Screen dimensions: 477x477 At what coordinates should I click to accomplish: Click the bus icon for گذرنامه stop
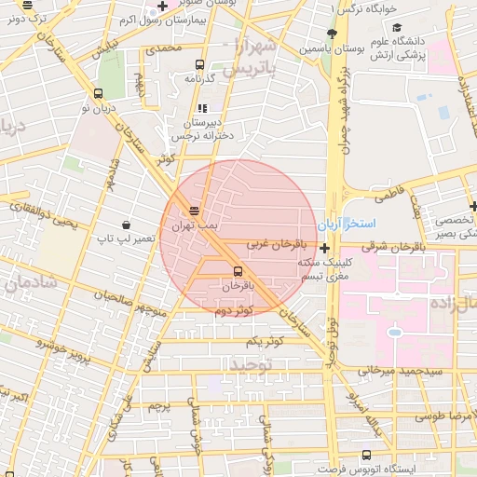click(x=199, y=64)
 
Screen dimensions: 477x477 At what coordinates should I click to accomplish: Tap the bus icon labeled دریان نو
click(x=99, y=93)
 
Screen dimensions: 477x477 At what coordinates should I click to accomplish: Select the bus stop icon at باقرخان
click(x=238, y=271)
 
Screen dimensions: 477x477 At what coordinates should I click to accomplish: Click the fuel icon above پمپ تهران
click(x=194, y=211)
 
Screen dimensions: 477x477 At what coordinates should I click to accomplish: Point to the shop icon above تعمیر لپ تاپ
click(x=126, y=225)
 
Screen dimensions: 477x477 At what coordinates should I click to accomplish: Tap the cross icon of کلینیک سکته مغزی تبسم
click(x=324, y=248)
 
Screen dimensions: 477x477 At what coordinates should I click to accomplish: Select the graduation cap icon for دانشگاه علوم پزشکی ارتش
click(x=394, y=28)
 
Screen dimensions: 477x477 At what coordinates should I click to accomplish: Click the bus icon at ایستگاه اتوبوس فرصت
click(x=365, y=456)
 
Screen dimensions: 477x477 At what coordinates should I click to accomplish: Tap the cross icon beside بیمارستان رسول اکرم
click(x=163, y=7)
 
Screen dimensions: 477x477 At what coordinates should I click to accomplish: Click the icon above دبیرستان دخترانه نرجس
click(x=201, y=108)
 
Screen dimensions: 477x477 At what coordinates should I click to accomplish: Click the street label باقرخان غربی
click(x=270, y=244)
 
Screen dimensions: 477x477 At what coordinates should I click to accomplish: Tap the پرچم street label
click(x=160, y=406)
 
